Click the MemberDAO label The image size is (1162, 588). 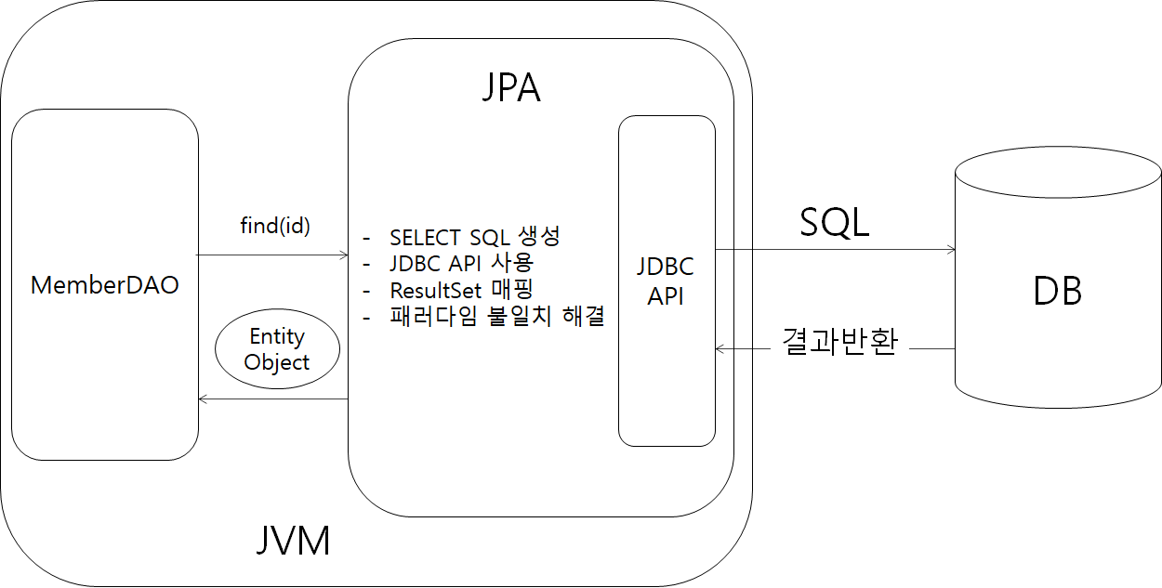click(104, 285)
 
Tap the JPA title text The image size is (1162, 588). click(511, 88)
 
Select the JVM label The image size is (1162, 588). click(293, 541)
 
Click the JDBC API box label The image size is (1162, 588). click(666, 282)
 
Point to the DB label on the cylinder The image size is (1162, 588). click(1058, 292)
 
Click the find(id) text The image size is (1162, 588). click(274, 226)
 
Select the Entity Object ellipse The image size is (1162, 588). click(277, 349)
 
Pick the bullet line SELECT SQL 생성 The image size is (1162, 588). click(475, 237)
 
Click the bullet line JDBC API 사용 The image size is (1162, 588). click(462, 263)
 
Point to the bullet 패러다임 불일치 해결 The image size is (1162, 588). click(497, 317)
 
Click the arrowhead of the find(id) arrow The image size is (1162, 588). click(343, 253)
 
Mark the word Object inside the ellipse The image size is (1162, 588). click(277, 361)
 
